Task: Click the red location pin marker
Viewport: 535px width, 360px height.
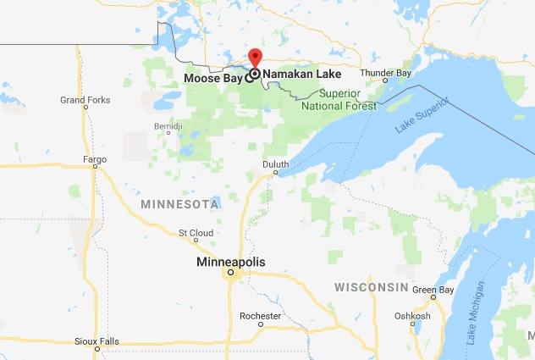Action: (x=255, y=58)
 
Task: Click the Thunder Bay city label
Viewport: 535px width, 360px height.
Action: (x=385, y=73)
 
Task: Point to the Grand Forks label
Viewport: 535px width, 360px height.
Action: (x=85, y=100)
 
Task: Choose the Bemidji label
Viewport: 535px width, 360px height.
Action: (x=168, y=126)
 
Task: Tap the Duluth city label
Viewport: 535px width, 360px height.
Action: (x=275, y=163)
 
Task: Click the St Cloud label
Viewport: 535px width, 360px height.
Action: (x=195, y=232)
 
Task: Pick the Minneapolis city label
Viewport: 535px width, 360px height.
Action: (x=230, y=263)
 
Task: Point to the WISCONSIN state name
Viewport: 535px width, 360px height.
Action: (x=371, y=288)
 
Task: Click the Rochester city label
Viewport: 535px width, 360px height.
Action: (x=260, y=316)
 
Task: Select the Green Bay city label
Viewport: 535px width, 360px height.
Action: (x=433, y=290)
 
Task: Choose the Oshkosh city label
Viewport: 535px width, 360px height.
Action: (x=412, y=316)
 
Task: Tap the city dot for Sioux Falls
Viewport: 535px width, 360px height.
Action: (x=97, y=348)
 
